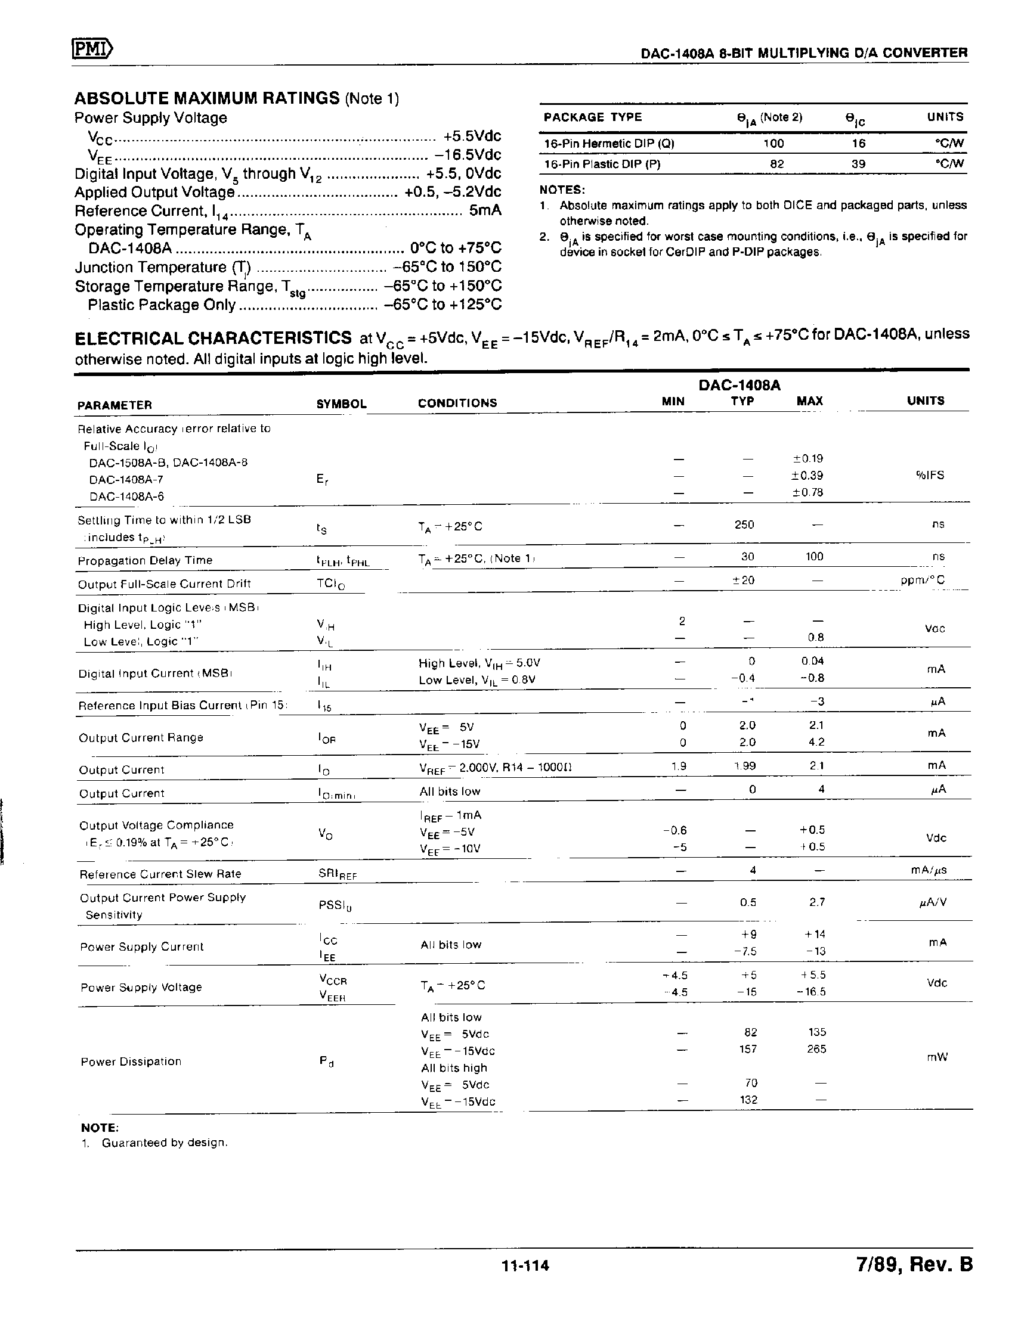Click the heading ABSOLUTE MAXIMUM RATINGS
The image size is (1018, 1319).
pos(206,98)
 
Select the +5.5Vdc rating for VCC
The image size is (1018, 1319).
pos(472,136)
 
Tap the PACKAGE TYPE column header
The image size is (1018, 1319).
pos(592,117)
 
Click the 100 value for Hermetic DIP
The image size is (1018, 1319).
pos(773,144)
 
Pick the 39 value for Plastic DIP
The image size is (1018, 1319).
pos(858,164)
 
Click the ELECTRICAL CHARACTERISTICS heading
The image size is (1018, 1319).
pos(213,338)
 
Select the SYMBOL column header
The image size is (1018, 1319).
pos(341,404)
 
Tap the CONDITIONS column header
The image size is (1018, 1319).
pos(457,403)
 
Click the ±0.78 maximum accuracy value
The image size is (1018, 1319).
pos(807,492)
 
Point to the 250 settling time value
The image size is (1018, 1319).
pos(744,525)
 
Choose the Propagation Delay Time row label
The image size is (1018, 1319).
pos(145,560)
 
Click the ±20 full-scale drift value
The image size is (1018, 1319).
pos(744,580)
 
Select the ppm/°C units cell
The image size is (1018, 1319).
pos(923,580)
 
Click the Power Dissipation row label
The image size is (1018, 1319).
pos(131,1061)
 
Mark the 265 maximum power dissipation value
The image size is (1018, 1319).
pos(816,1048)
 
